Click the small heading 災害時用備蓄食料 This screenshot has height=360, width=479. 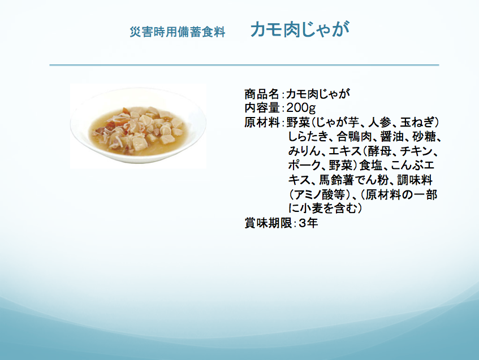178,32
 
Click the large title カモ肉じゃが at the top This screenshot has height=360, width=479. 300,29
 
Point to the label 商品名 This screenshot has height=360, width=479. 262,94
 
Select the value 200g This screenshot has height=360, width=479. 301,108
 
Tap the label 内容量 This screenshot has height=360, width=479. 262,108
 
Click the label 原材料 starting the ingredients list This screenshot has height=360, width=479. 262,123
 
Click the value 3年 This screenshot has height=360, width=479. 308,223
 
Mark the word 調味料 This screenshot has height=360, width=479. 415,180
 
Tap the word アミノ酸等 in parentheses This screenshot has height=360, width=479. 318,195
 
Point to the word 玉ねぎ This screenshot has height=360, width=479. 417,123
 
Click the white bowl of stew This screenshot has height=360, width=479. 138,125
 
